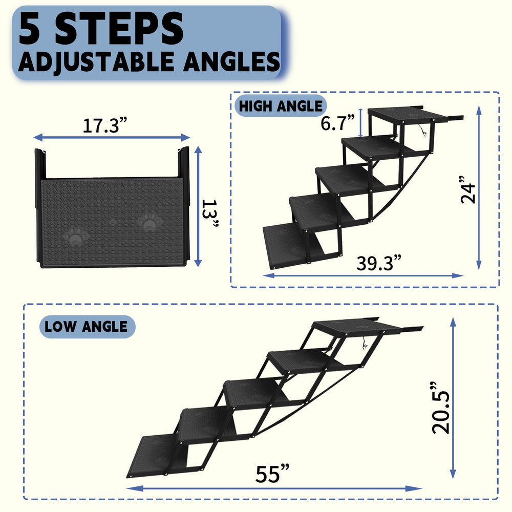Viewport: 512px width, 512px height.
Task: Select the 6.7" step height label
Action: pyautogui.click(x=338, y=123)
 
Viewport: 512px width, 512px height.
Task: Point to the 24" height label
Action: pyautogui.click(x=467, y=189)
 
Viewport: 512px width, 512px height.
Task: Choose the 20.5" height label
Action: pyautogui.click(x=441, y=408)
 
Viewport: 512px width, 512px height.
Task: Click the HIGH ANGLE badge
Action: pyautogui.click(x=281, y=106)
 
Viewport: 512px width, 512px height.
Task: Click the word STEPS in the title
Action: pyautogui.click(x=119, y=29)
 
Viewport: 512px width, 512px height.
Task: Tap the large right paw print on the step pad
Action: pyautogui.click(x=149, y=222)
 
